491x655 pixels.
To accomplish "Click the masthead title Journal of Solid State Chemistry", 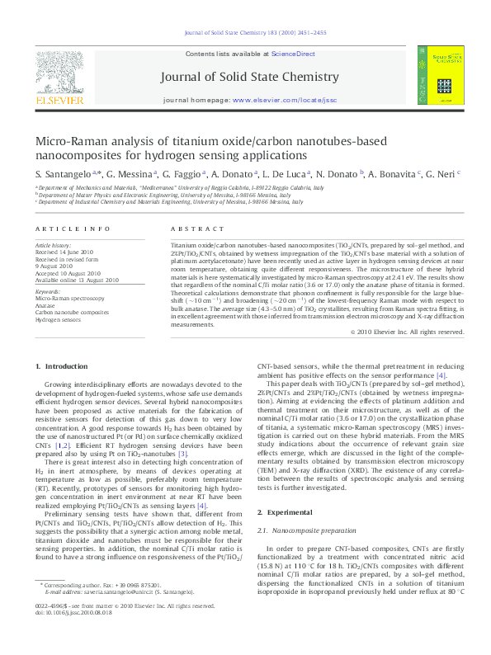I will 262,77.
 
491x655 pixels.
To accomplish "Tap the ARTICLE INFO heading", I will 73,228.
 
